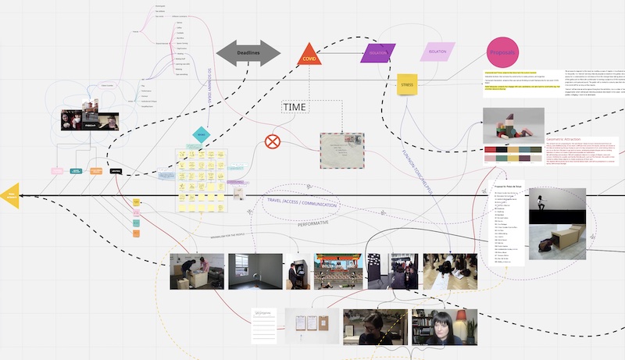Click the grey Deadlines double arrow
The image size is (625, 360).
click(x=248, y=53)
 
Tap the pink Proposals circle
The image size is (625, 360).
click(x=503, y=52)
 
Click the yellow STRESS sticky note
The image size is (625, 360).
click(x=407, y=84)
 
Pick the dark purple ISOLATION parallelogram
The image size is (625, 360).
click(x=378, y=52)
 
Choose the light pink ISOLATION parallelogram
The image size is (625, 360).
click(x=437, y=52)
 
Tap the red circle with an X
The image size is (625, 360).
click(x=272, y=141)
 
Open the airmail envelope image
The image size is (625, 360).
click(x=342, y=150)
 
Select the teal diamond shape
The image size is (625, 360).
click(x=201, y=134)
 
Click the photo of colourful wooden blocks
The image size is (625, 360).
click(x=513, y=125)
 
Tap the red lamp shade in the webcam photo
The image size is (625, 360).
click(x=461, y=317)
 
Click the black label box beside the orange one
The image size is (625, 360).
click(x=116, y=170)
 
